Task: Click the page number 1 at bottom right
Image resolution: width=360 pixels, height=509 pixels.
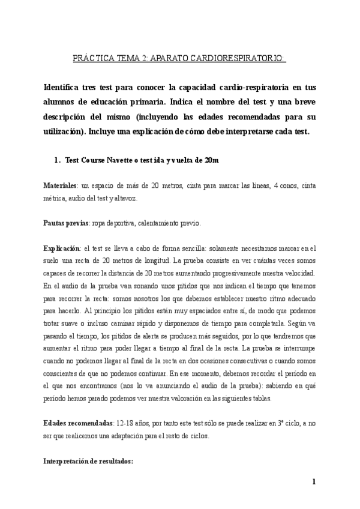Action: (x=314, y=482)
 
